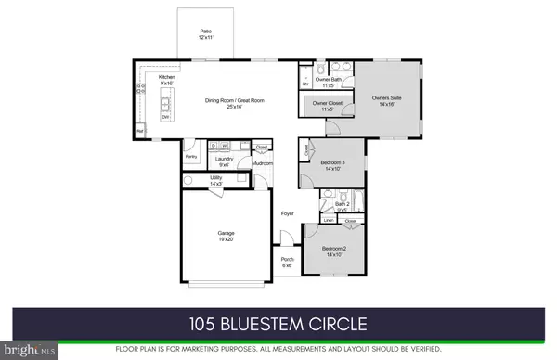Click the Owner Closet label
[325, 105]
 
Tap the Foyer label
[289, 213]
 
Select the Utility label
[215, 181]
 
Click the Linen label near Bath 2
[330, 221]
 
